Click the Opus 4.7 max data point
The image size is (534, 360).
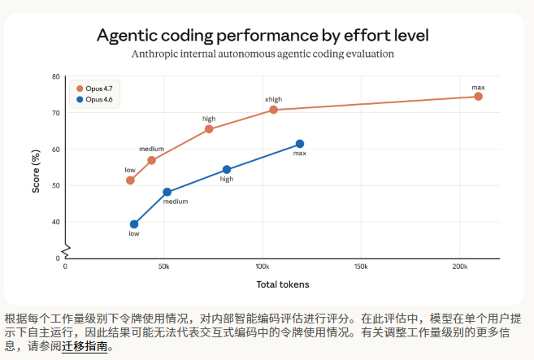tap(478, 97)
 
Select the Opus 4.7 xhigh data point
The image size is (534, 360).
tap(273, 110)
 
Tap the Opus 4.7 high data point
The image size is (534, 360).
tap(209, 129)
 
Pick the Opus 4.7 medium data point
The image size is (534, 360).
tap(151, 160)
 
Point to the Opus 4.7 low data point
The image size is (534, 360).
tap(130, 180)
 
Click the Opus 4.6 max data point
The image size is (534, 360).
tap(299, 144)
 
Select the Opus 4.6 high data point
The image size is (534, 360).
tap(227, 170)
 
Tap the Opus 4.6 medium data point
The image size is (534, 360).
tap(167, 193)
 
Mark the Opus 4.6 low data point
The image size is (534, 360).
tap(134, 224)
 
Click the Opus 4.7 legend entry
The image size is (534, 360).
tap(94, 89)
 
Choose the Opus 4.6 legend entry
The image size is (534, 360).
tap(94, 99)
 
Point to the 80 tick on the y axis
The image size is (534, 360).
tap(56, 77)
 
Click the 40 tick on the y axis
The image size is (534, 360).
tap(56, 222)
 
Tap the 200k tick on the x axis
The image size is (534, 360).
tap(460, 267)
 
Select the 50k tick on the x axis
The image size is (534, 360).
tap(164, 267)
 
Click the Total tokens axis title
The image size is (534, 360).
tap(283, 284)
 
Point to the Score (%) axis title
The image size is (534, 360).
tap(36, 167)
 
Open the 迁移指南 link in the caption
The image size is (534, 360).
tap(84, 345)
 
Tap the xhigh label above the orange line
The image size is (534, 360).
tap(273, 99)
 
